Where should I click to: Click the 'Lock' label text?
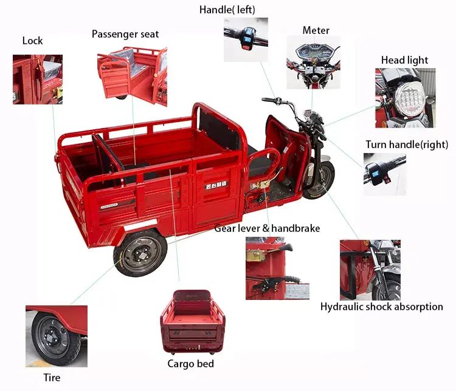(32, 41)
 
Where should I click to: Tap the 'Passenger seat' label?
(125, 34)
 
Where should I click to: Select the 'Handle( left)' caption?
(227, 10)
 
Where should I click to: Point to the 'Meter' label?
(316, 30)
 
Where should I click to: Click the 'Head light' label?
(404, 60)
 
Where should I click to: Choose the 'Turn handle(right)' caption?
(407, 144)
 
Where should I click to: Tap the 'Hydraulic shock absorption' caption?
(382, 307)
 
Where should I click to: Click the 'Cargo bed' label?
(190, 364)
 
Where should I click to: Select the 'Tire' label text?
(52, 378)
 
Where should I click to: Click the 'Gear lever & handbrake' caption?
(267, 228)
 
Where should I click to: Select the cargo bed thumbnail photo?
(192, 322)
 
